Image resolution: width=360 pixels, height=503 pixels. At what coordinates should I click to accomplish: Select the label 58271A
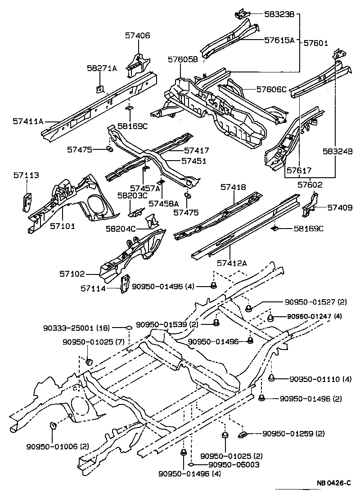pyautogui.click(x=102, y=68)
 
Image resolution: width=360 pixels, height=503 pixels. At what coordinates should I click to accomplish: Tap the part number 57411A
pyautogui.click(x=28, y=121)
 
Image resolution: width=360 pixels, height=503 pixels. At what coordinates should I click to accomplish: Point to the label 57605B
pyautogui.click(x=183, y=59)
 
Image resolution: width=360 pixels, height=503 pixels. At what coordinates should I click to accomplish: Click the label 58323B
pyautogui.click(x=279, y=15)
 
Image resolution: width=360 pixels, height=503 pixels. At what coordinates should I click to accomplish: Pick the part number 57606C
pyautogui.click(x=271, y=89)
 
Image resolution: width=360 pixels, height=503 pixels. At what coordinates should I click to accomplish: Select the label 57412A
pyautogui.click(x=232, y=263)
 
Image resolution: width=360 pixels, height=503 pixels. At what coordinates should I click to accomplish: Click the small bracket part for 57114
pyautogui.click(x=125, y=283)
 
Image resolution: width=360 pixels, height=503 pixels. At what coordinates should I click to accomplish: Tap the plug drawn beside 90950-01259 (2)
pyautogui.click(x=242, y=434)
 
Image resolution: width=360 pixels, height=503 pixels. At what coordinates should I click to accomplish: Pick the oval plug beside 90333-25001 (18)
pyautogui.click(x=128, y=328)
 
